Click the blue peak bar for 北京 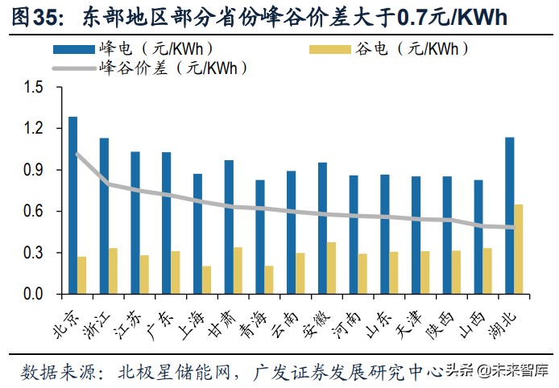73,205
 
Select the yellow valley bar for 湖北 519,250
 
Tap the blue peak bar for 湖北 509,216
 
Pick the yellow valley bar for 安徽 331,268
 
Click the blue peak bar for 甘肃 229,227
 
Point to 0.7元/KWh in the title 454,17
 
